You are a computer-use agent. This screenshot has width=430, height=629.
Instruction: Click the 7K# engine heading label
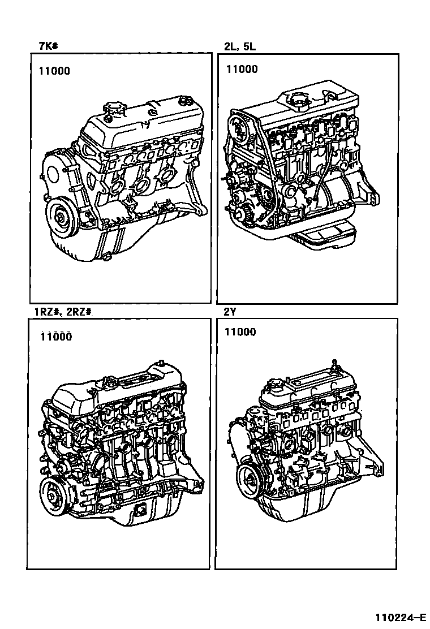pyautogui.click(x=48, y=46)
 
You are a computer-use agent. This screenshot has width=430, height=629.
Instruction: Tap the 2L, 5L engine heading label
pyautogui.click(x=240, y=46)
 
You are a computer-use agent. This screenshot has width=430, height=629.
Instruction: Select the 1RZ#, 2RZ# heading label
pyautogui.click(x=63, y=312)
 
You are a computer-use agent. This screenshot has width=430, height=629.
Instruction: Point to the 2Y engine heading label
pyautogui.click(x=230, y=312)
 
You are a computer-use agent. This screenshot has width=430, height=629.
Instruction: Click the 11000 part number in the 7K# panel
pyautogui.click(x=54, y=71)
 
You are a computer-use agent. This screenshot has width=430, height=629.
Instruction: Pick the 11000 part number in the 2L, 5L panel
pyautogui.click(x=242, y=70)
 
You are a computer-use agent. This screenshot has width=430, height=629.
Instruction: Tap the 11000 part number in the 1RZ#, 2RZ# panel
pyautogui.click(x=56, y=337)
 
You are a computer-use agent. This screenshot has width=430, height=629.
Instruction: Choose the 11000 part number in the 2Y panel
pyautogui.click(x=240, y=331)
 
